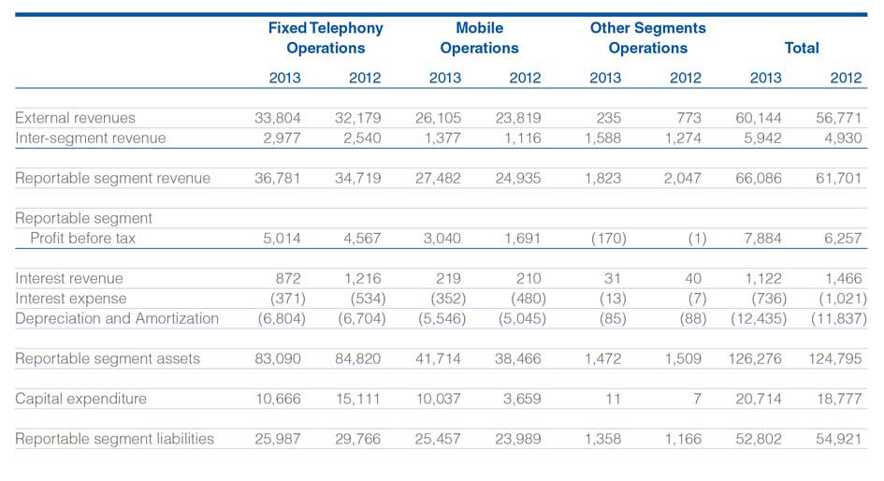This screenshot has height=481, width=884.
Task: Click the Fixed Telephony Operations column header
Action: click(x=326, y=37)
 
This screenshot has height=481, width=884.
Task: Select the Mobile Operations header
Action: click(x=479, y=37)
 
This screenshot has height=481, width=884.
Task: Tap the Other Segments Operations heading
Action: click(x=647, y=37)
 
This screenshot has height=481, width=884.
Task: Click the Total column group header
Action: click(x=802, y=48)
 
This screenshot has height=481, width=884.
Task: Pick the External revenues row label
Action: click(x=75, y=118)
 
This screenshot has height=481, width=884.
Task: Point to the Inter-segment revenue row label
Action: click(x=90, y=138)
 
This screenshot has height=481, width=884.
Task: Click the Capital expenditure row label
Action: click(x=80, y=399)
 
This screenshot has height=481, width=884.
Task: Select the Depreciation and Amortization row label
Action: click(x=117, y=318)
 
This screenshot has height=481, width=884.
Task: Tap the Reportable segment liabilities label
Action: click(x=114, y=439)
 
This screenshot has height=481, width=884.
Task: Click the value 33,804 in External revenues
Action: click(x=278, y=118)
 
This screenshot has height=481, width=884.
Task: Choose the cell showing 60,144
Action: click(x=759, y=118)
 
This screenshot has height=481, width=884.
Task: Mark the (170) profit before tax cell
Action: click(x=608, y=239)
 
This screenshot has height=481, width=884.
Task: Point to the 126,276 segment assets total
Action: click(x=755, y=358)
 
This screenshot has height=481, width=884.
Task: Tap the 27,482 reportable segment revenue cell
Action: click(x=438, y=178)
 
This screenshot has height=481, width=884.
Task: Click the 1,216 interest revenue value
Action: click(x=363, y=279)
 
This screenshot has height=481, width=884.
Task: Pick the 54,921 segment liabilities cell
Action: click(x=839, y=439)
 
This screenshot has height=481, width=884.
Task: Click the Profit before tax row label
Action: click(x=83, y=238)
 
